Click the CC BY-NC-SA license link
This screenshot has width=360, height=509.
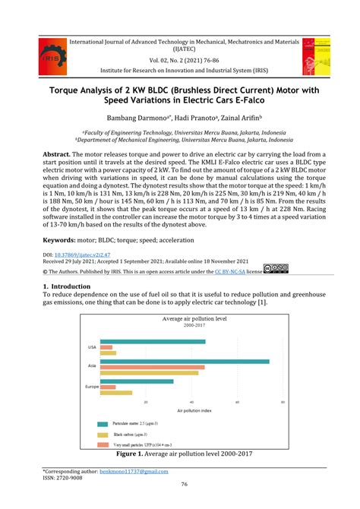[226, 270]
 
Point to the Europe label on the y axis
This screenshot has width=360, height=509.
[91, 387]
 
